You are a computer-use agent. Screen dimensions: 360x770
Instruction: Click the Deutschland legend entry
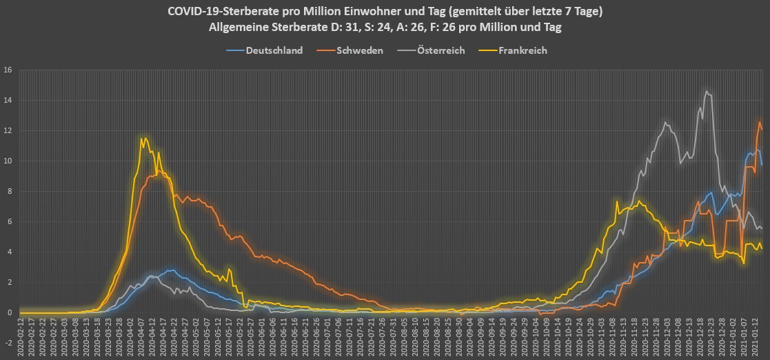pyautogui.click(x=274, y=50)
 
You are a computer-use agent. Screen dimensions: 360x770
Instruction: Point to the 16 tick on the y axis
pyautogui.click(x=8, y=70)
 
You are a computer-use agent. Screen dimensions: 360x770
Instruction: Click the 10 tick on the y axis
pyautogui.click(x=8, y=161)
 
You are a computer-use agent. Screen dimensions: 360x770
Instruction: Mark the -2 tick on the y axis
pyautogui.click(x=8, y=343)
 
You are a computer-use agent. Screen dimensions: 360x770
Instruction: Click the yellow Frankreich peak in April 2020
pyautogui.click(x=142, y=139)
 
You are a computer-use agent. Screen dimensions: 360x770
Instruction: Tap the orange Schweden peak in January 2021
pyautogui.click(x=760, y=122)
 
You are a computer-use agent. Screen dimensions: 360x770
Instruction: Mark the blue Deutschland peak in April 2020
pyautogui.click(x=170, y=270)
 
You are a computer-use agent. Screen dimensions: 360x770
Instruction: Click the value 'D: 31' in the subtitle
pyautogui.click(x=352, y=28)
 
